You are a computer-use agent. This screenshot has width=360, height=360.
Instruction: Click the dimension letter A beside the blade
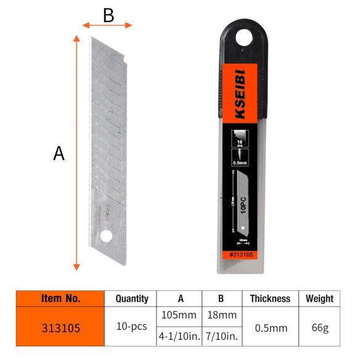point(59,153)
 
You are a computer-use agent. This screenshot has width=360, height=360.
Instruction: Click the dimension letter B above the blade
point(108,15)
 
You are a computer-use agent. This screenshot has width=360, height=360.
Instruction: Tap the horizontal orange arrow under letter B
point(108,25)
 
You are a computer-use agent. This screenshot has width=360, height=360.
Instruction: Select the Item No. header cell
point(60,298)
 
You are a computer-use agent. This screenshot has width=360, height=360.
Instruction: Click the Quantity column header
point(132,298)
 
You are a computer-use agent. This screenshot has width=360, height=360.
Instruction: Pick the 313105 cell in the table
point(60,327)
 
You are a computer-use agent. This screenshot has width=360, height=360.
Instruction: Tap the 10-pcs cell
point(132,326)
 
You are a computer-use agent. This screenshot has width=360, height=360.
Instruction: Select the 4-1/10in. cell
point(179,337)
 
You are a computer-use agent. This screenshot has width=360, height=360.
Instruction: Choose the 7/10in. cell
point(221,337)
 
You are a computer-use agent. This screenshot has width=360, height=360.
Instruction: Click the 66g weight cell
point(319,327)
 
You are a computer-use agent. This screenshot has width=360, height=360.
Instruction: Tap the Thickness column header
point(270,298)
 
